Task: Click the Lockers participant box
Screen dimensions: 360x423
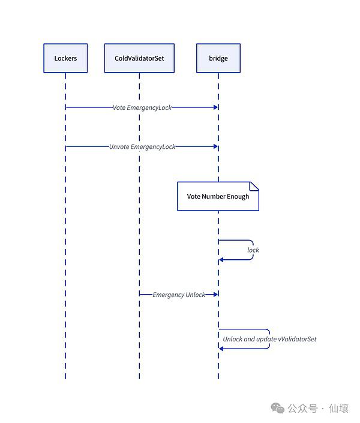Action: tap(65, 58)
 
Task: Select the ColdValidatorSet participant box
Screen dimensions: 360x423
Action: tap(139, 58)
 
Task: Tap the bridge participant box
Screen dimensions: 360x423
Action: tap(218, 58)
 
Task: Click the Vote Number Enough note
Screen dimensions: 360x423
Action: tap(218, 196)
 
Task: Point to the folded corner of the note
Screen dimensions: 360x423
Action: tap(254, 186)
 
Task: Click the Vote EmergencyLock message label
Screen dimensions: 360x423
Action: tap(142, 107)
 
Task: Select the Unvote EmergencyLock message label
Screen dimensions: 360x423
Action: tap(142, 147)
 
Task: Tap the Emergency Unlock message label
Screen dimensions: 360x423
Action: tap(179, 295)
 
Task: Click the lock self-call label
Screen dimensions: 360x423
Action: tap(253, 250)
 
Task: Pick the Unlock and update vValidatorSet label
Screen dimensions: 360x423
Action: tap(269, 339)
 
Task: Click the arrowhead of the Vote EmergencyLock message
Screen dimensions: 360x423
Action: tap(215, 107)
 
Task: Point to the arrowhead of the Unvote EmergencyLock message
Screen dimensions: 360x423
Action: tap(215, 146)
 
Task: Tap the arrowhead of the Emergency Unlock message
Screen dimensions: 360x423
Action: tap(215, 295)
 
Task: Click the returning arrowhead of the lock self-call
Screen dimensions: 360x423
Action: tap(221, 260)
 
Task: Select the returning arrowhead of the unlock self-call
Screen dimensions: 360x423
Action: tap(221, 349)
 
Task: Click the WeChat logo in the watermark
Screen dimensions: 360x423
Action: tap(278, 408)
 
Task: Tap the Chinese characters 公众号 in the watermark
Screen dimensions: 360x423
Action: tap(302, 409)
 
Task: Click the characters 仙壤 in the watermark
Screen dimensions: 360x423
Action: tap(338, 409)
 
